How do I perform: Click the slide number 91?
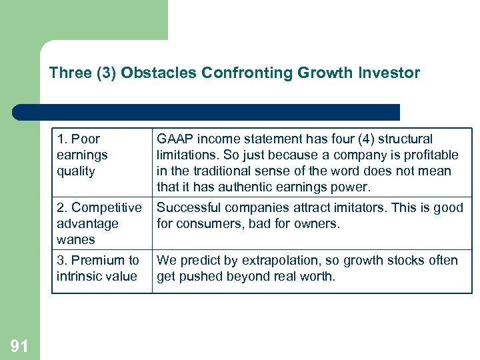click(x=19, y=345)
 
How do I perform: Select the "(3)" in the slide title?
click(x=107, y=73)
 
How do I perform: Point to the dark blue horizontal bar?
click(x=207, y=112)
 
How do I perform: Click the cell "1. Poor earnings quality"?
click(x=82, y=155)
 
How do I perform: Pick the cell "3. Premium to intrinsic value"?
click(x=97, y=268)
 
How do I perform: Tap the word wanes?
click(x=76, y=240)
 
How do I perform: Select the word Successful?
click(x=188, y=208)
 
